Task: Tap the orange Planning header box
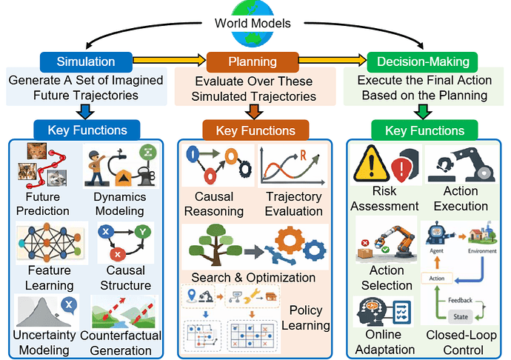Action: tap(253, 61)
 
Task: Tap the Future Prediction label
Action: tap(47, 204)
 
